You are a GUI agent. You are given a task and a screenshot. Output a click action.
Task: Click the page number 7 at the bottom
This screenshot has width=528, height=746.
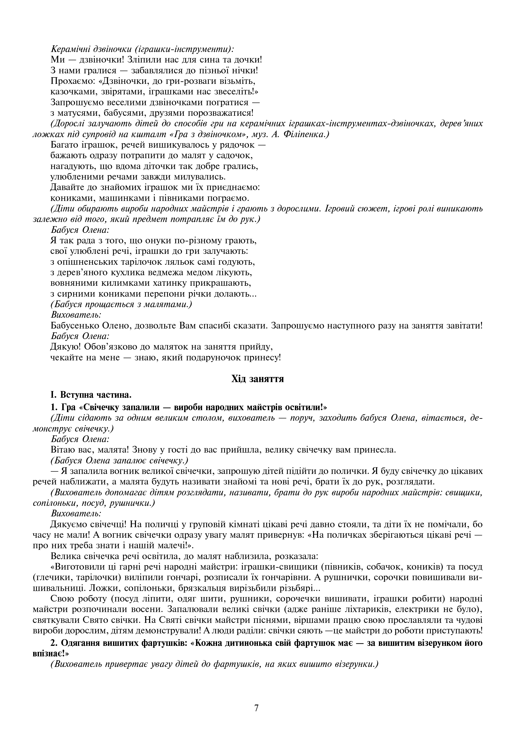256,708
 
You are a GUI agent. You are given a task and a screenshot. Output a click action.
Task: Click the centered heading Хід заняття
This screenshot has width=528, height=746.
258,379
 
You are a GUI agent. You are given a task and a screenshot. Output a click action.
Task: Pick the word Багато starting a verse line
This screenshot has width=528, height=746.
65,145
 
